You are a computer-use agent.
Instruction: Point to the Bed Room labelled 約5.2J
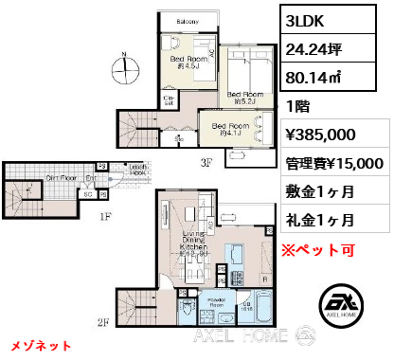[x=244, y=98]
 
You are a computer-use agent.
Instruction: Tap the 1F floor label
[x=106, y=216]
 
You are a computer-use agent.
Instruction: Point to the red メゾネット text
[x=41, y=345]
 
